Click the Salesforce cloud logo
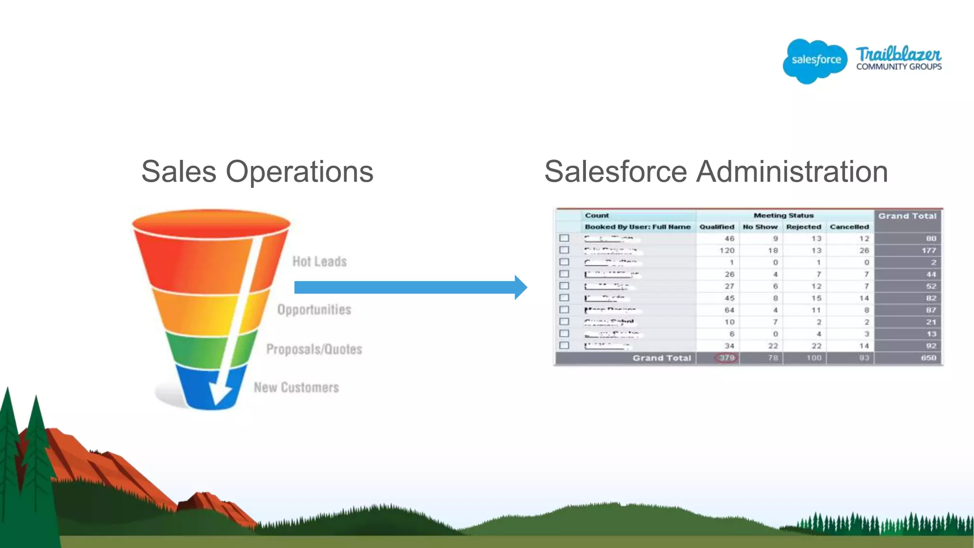(815, 60)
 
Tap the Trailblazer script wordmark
(898, 54)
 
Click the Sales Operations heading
(257, 171)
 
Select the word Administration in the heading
(792, 171)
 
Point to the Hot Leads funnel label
(320, 262)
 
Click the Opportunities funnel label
(314, 310)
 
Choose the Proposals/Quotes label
(314, 349)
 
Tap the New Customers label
(296, 388)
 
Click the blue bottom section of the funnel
(200, 388)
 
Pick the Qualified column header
(717, 227)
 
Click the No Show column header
(760, 227)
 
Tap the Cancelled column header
(849, 227)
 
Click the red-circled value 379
(726, 358)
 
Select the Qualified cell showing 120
(727, 251)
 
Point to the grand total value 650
(928, 358)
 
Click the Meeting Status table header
(783, 215)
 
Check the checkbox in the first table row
(565, 238)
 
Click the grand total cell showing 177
(928, 251)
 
